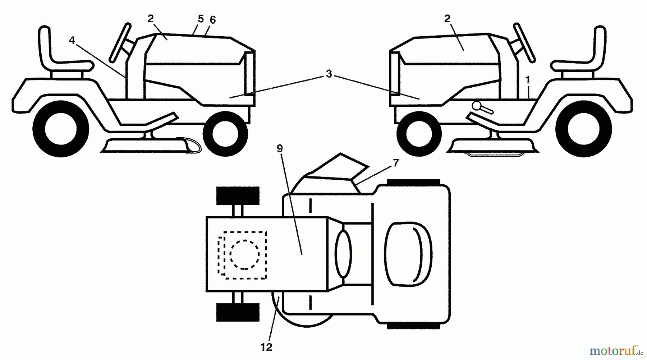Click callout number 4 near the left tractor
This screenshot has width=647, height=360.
(72, 40)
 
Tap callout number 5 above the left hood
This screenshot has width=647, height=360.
(201, 19)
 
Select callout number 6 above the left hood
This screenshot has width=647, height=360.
(213, 20)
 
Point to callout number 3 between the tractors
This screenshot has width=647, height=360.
(329, 74)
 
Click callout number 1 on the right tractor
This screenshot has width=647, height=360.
(528, 80)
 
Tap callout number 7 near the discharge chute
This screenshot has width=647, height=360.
(396, 163)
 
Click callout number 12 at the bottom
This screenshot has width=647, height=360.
(266, 347)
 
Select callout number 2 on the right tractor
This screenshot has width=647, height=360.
(447, 19)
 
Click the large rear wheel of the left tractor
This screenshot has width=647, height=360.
(61, 129)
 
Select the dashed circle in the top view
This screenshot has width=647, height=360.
(244, 254)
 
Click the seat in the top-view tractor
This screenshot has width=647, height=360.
(408, 254)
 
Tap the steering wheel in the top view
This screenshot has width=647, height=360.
(343, 254)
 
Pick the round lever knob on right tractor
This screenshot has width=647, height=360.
(478, 106)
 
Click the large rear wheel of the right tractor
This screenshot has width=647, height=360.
(583, 129)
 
